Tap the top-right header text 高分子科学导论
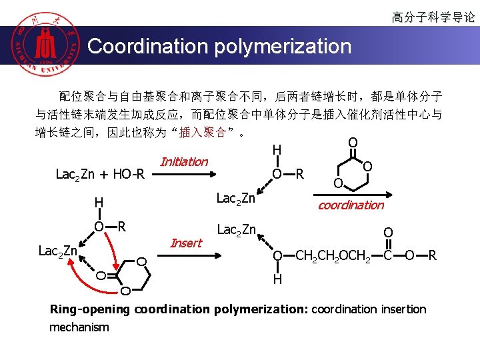(433, 17)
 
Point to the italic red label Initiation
(184, 162)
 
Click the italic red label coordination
(351, 205)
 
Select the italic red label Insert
(186, 243)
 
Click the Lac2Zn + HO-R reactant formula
(100, 175)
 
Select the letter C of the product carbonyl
(387, 255)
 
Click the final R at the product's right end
(432, 255)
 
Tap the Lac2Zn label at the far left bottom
(59, 251)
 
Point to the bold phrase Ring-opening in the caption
(91, 309)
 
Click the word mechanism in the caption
(79, 327)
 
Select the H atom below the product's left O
(277, 279)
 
